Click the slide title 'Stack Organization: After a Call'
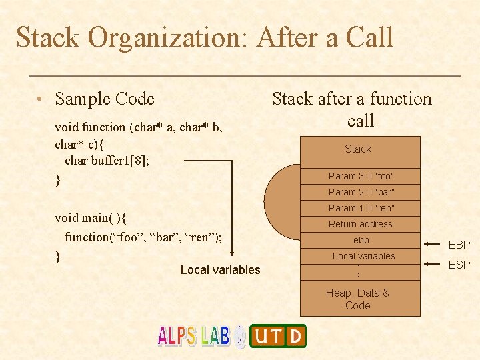pyautogui.click(x=205, y=37)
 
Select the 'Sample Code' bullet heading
pyautogui.click(x=105, y=99)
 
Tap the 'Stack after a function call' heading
pyautogui.click(x=352, y=109)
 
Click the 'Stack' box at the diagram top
pyautogui.click(x=358, y=149)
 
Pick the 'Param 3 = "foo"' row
pyautogui.click(x=361, y=176)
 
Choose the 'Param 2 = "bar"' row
pyautogui.click(x=361, y=192)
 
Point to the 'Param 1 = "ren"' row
pyautogui.click(x=361, y=208)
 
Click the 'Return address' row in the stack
pyautogui.click(x=361, y=224)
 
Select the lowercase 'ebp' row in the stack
pyautogui.click(x=361, y=240)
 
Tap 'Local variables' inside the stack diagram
pyautogui.click(x=363, y=256)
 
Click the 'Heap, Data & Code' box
pyautogui.click(x=358, y=299)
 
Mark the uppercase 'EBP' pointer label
pyautogui.click(x=459, y=245)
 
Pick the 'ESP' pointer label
pyautogui.click(x=459, y=265)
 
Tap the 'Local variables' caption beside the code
pyautogui.click(x=220, y=270)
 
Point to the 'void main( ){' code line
pyautogui.click(x=92, y=218)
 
